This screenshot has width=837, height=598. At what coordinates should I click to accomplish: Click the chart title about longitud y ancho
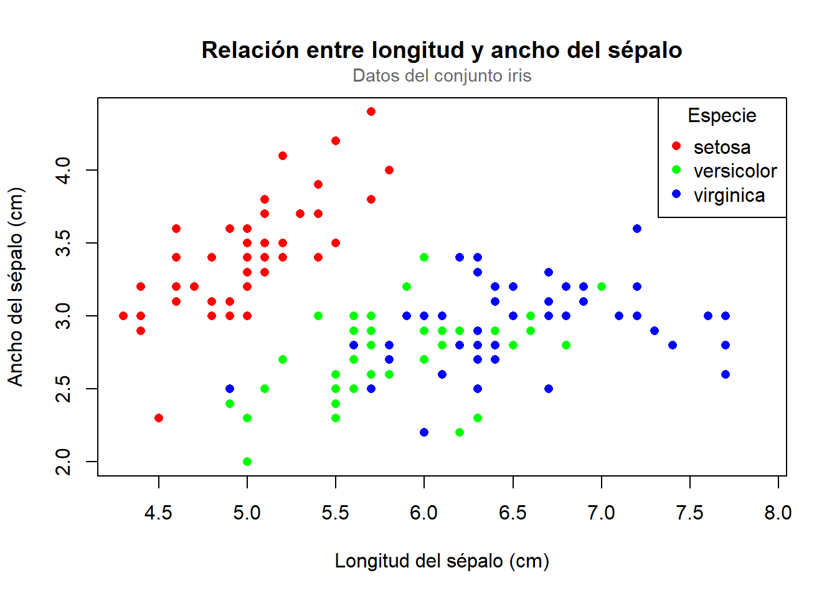pyautogui.click(x=442, y=50)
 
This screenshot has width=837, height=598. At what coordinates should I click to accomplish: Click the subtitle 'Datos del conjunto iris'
pyautogui.click(x=442, y=76)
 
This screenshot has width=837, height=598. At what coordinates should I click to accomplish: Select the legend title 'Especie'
pyautogui.click(x=722, y=116)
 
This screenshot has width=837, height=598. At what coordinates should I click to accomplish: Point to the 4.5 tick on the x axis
pyautogui.click(x=158, y=513)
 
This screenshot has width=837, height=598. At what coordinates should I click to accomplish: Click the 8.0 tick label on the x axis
pyautogui.click(x=778, y=513)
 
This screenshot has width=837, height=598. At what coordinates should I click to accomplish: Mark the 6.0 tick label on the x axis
pyautogui.click(x=423, y=513)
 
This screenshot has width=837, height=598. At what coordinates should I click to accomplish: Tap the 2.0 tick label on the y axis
pyautogui.click(x=64, y=462)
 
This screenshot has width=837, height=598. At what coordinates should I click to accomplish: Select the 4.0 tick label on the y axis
pyautogui.click(x=64, y=170)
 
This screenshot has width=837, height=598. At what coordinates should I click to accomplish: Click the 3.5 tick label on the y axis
pyautogui.click(x=64, y=243)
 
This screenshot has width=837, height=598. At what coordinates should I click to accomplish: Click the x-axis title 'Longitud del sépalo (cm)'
pyautogui.click(x=442, y=561)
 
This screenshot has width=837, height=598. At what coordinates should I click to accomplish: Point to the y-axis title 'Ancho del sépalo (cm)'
pyautogui.click(x=16, y=287)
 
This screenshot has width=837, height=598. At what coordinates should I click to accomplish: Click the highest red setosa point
pyautogui.click(x=371, y=112)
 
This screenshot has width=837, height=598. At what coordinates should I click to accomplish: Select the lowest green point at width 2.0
pyautogui.click(x=247, y=462)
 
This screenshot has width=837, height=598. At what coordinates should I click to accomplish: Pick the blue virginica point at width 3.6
pyautogui.click(x=637, y=229)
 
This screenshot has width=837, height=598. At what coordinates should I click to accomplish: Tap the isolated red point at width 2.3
pyautogui.click(x=159, y=418)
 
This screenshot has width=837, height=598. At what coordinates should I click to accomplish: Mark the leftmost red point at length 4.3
pyautogui.click(x=123, y=316)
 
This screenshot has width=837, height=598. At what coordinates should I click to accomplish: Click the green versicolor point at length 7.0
pyautogui.click(x=602, y=287)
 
